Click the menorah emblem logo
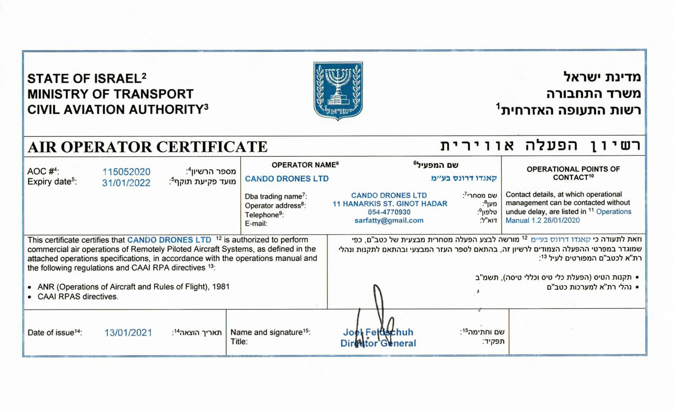coord(338,91)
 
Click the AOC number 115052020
coord(126,172)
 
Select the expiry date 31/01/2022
coord(126,183)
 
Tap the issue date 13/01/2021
coord(128,333)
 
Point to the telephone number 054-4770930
coord(390,212)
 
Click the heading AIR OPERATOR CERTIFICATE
coord(147,146)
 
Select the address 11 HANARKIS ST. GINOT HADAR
coord(390,204)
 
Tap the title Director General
coord(378,344)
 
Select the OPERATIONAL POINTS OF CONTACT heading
coord(573,173)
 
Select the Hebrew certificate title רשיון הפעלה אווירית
coord(540,146)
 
